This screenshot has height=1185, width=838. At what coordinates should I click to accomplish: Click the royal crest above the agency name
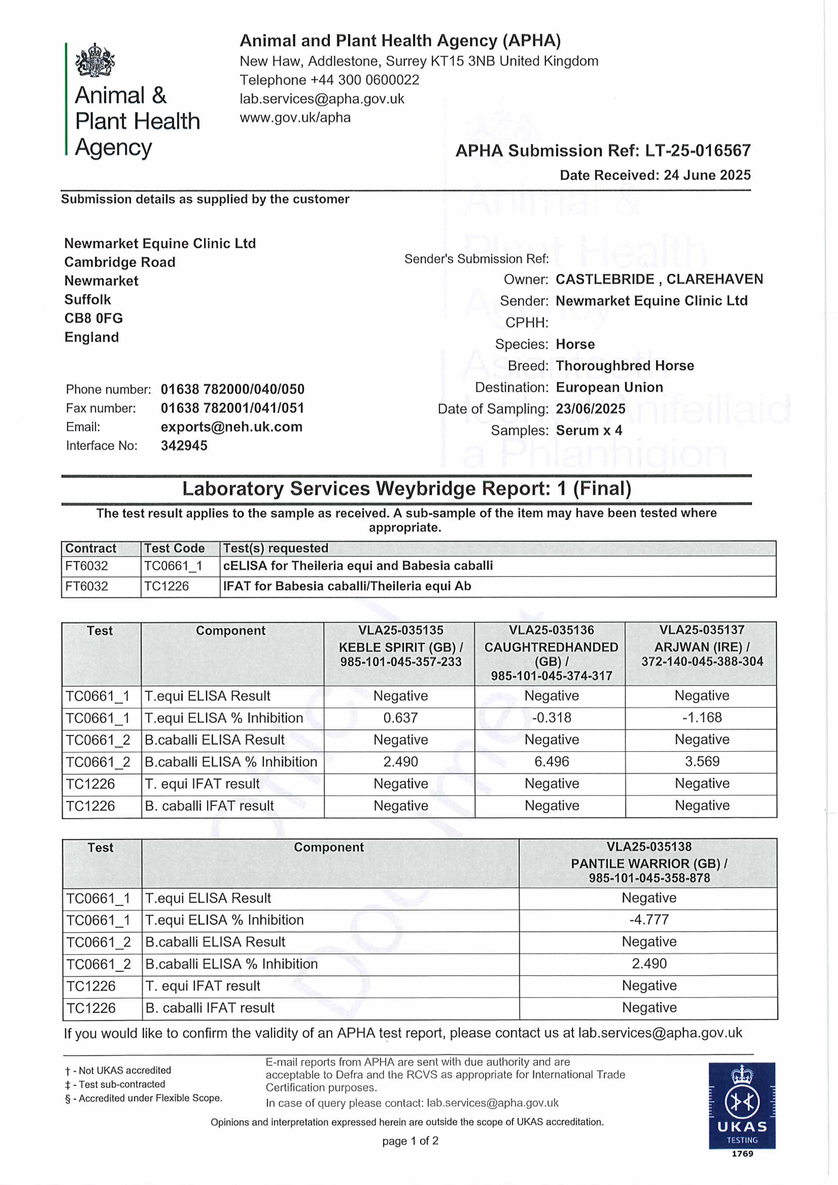(x=95, y=60)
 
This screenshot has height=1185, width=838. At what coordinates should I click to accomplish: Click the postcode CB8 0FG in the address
(x=93, y=319)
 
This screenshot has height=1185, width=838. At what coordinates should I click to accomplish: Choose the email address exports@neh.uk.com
(x=231, y=427)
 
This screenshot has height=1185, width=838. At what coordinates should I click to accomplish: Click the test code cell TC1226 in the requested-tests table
(x=166, y=586)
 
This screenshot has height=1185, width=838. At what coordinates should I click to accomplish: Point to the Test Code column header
(x=174, y=548)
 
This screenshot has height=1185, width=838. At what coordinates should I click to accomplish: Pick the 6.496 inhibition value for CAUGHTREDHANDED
(x=551, y=762)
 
